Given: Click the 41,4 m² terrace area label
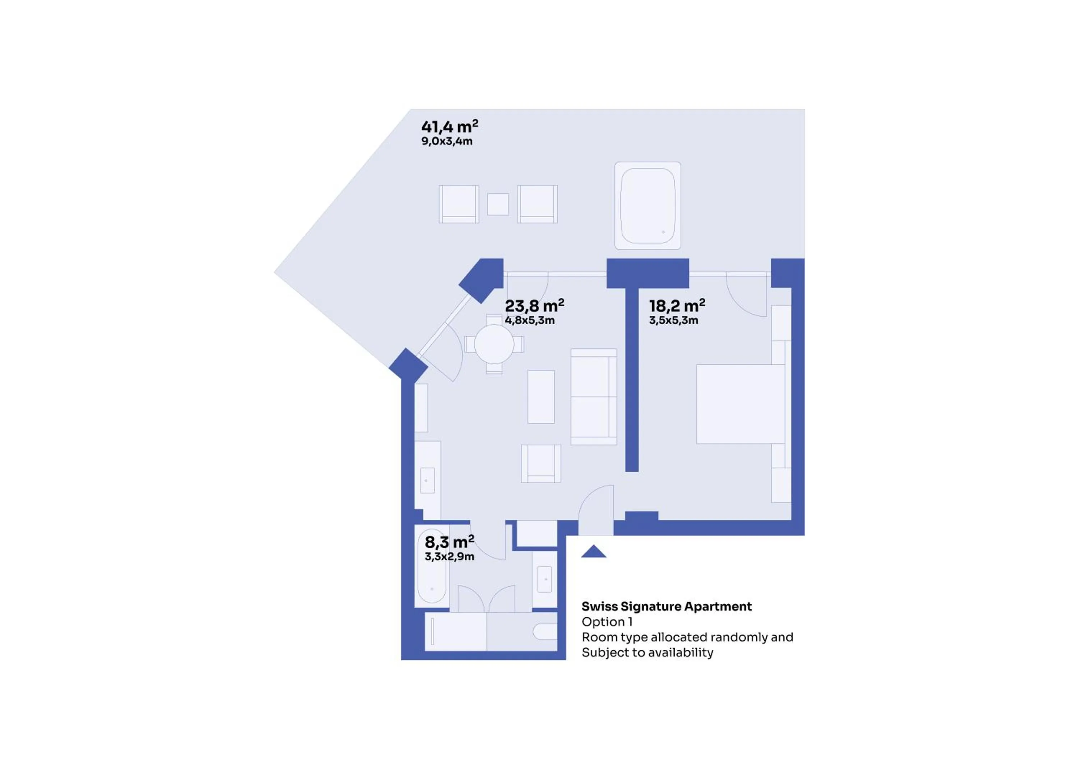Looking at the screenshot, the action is tap(450, 126).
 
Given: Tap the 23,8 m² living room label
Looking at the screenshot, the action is tap(534, 305).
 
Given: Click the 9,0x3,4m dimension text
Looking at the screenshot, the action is tap(447, 141).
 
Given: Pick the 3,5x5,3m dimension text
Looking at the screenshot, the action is tap(673, 320).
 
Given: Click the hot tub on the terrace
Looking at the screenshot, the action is tap(648, 206).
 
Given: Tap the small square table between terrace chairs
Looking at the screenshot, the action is tap(498, 204).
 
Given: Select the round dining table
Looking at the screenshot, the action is tap(494, 344).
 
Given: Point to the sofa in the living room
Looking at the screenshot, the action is tap(593, 397).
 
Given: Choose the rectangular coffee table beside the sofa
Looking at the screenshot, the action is tap(541, 397).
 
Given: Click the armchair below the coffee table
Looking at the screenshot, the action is tap(541, 463).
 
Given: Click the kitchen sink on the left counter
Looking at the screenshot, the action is tap(427, 480).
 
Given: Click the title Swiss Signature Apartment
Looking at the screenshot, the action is tap(666, 607).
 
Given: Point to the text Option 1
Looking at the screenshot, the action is tap(607, 622).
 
